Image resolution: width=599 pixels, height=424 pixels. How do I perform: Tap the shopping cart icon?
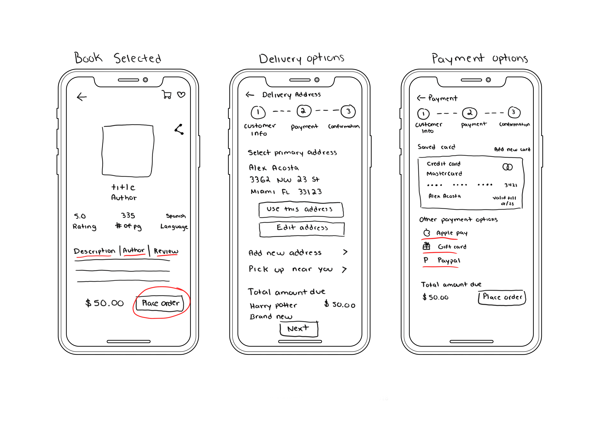click(167, 94)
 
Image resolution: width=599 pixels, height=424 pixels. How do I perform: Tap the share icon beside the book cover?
click(179, 129)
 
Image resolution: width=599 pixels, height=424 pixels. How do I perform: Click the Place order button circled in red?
click(160, 303)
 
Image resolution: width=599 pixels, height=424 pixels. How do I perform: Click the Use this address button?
click(301, 209)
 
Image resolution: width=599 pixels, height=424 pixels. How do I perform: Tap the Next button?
click(299, 329)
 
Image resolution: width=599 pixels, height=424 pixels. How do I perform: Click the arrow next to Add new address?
click(345, 252)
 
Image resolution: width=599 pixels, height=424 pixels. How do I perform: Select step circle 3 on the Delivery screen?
click(348, 111)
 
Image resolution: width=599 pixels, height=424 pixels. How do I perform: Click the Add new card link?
click(512, 149)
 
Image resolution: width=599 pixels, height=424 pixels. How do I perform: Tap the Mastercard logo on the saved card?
click(507, 167)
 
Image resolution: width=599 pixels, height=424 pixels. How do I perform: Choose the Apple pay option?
click(451, 233)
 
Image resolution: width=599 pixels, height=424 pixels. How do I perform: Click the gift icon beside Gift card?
click(426, 246)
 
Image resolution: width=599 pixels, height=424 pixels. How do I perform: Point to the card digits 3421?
click(511, 185)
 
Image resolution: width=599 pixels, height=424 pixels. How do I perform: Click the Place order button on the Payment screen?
click(502, 297)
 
